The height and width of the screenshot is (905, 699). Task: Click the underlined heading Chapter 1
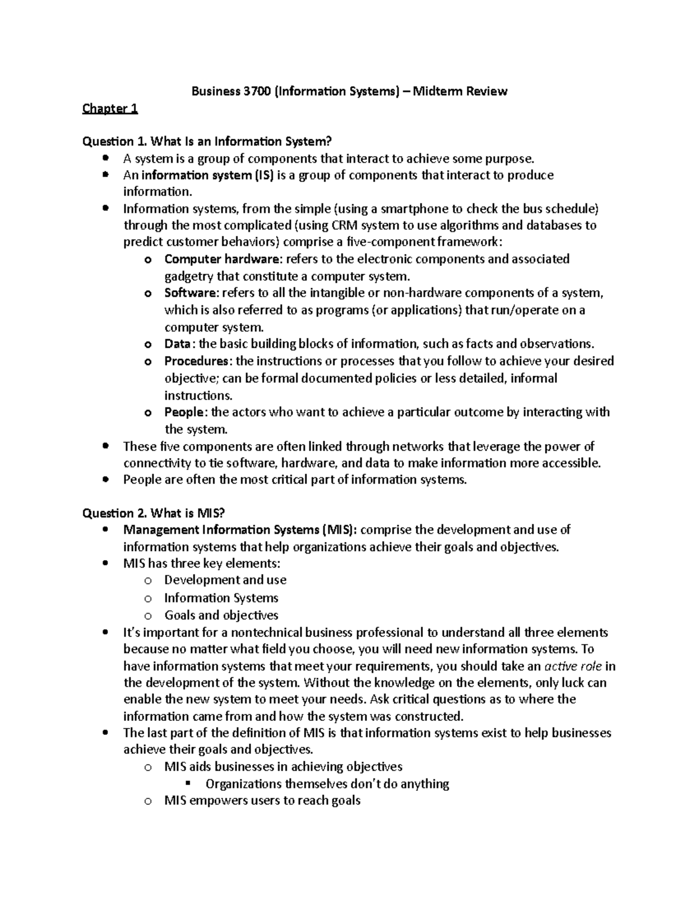(x=110, y=108)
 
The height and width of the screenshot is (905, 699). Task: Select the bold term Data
(x=177, y=344)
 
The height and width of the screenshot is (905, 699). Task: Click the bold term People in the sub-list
(x=184, y=413)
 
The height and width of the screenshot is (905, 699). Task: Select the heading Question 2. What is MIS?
(x=153, y=513)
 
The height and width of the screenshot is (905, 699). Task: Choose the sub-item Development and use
(x=225, y=580)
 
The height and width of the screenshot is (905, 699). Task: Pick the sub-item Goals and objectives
(x=221, y=615)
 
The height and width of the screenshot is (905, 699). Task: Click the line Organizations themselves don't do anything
(x=327, y=784)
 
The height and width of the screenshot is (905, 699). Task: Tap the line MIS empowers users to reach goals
(x=262, y=801)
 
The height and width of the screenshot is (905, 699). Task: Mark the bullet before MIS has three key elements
(x=105, y=564)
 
